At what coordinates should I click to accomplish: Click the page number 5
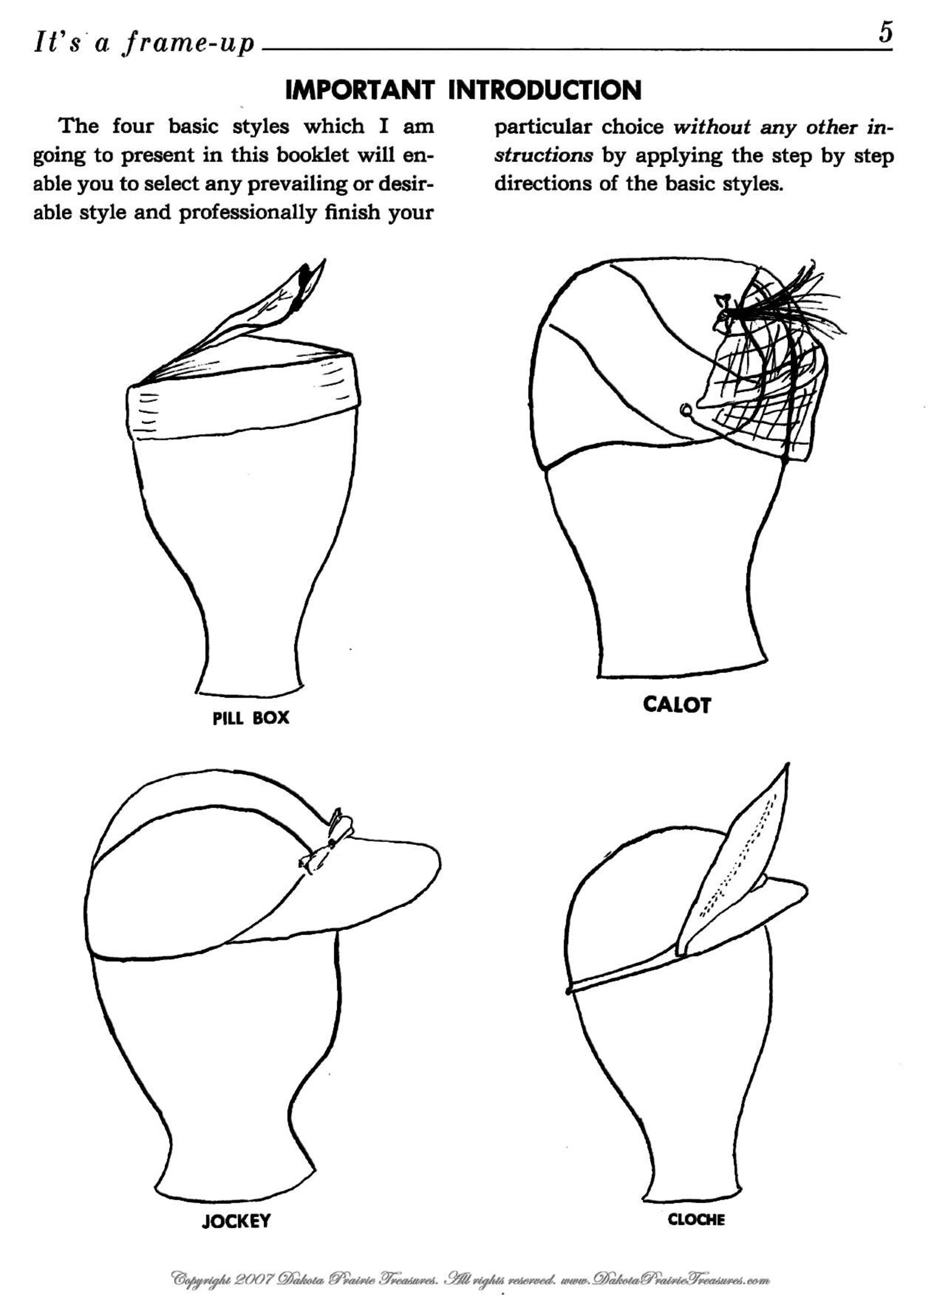885,34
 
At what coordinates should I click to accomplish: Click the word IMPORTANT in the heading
360,91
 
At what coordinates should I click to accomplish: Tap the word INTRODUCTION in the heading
545,91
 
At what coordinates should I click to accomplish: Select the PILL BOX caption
251,718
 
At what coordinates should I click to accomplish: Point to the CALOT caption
677,705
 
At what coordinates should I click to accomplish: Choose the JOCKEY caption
236,1216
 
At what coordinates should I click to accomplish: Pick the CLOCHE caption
696,1215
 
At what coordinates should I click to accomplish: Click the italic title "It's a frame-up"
145,42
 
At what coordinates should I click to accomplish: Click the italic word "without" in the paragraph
712,127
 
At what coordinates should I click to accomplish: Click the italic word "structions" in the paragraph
543,156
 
